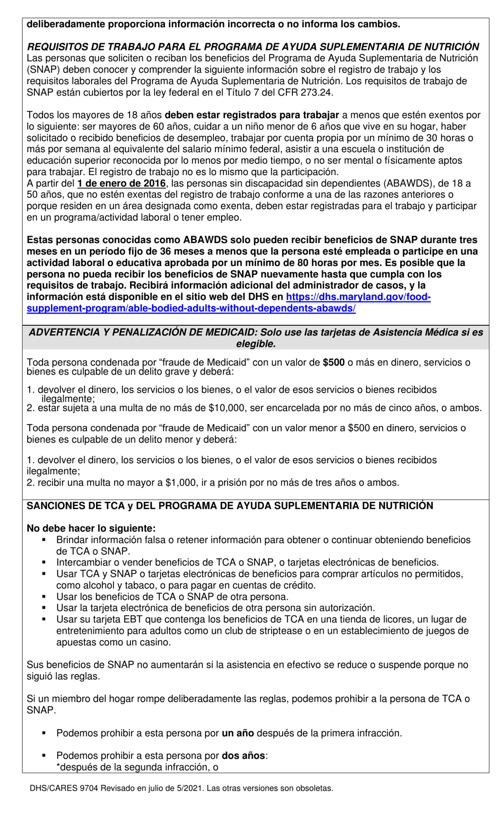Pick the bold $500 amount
[x=334, y=362]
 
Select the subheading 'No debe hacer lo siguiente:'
[x=91, y=529]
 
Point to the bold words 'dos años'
[x=243, y=755]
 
